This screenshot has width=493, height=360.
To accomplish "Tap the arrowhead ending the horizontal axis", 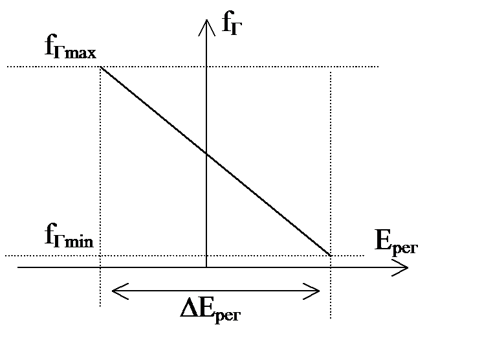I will pos(404,267).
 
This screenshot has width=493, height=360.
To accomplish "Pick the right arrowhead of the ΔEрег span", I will pos(317,291).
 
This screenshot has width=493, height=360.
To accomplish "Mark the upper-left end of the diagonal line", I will pos(100,67).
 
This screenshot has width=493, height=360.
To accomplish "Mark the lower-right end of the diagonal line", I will pos(331,256).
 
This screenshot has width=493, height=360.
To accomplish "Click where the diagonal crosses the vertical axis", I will pos(206,153).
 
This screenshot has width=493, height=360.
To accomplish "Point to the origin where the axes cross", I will pos(206,267).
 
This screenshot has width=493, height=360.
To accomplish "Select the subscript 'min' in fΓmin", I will pos(79,242).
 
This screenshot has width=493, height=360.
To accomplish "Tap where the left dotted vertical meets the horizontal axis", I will pos(100,267).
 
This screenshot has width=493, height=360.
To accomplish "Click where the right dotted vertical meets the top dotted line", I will pos(331,67).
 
